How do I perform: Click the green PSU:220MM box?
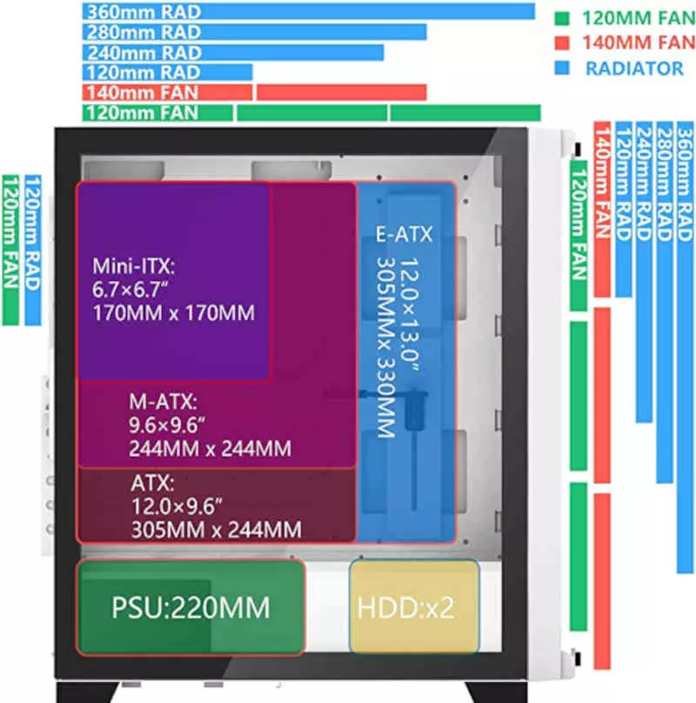[x=191, y=606]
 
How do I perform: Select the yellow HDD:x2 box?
[x=414, y=606]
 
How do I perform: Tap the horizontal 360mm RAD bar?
[x=309, y=11]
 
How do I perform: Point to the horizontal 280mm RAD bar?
[x=255, y=32]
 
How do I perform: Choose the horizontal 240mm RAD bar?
[x=233, y=52]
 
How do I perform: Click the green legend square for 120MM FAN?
[x=564, y=17]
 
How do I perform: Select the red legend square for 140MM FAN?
[x=564, y=42]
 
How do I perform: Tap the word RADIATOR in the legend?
[x=622, y=67]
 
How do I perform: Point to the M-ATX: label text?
[x=163, y=403]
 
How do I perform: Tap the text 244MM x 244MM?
[x=209, y=449]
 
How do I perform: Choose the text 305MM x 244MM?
[x=215, y=528]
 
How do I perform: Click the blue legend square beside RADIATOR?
[x=564, y=67]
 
